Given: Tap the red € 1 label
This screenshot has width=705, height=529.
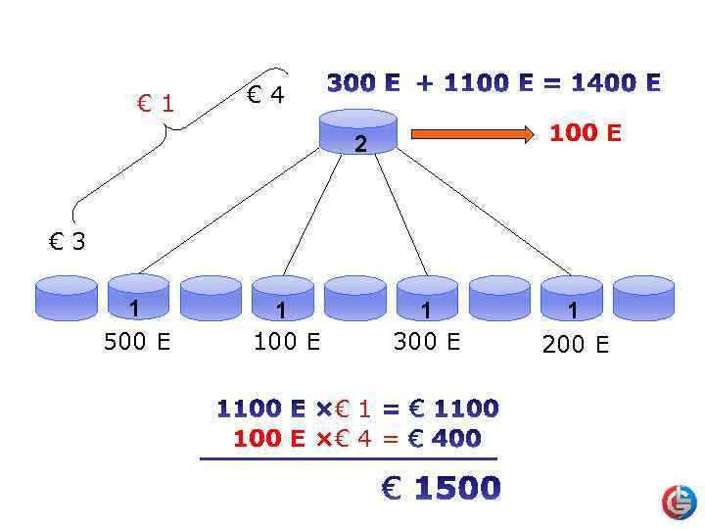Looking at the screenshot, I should click(x=156, y=103).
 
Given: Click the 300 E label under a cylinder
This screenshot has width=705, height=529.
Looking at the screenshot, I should click(x=426, y=343).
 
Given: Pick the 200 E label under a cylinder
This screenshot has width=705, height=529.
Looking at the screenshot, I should click(x=576, y=344).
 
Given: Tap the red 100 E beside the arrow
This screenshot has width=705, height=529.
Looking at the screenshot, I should click(x=585, y=132).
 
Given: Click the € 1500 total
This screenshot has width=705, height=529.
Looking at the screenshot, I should click(x=441, y=487).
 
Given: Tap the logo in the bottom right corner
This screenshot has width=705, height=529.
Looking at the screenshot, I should click(x=679, y=502).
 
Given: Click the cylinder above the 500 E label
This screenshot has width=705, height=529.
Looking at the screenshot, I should click(x=138, y=298).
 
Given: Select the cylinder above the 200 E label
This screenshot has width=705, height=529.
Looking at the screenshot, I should click(x=571, y=298).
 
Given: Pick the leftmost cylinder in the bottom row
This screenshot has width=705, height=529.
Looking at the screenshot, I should click(x=66, y=298).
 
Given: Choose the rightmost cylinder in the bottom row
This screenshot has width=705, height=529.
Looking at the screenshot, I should click(x=643, y=298).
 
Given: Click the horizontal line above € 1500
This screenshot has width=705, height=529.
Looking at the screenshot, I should click(x=348, y=458).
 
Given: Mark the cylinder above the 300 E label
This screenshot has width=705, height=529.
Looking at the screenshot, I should click(x=427, y=298).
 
